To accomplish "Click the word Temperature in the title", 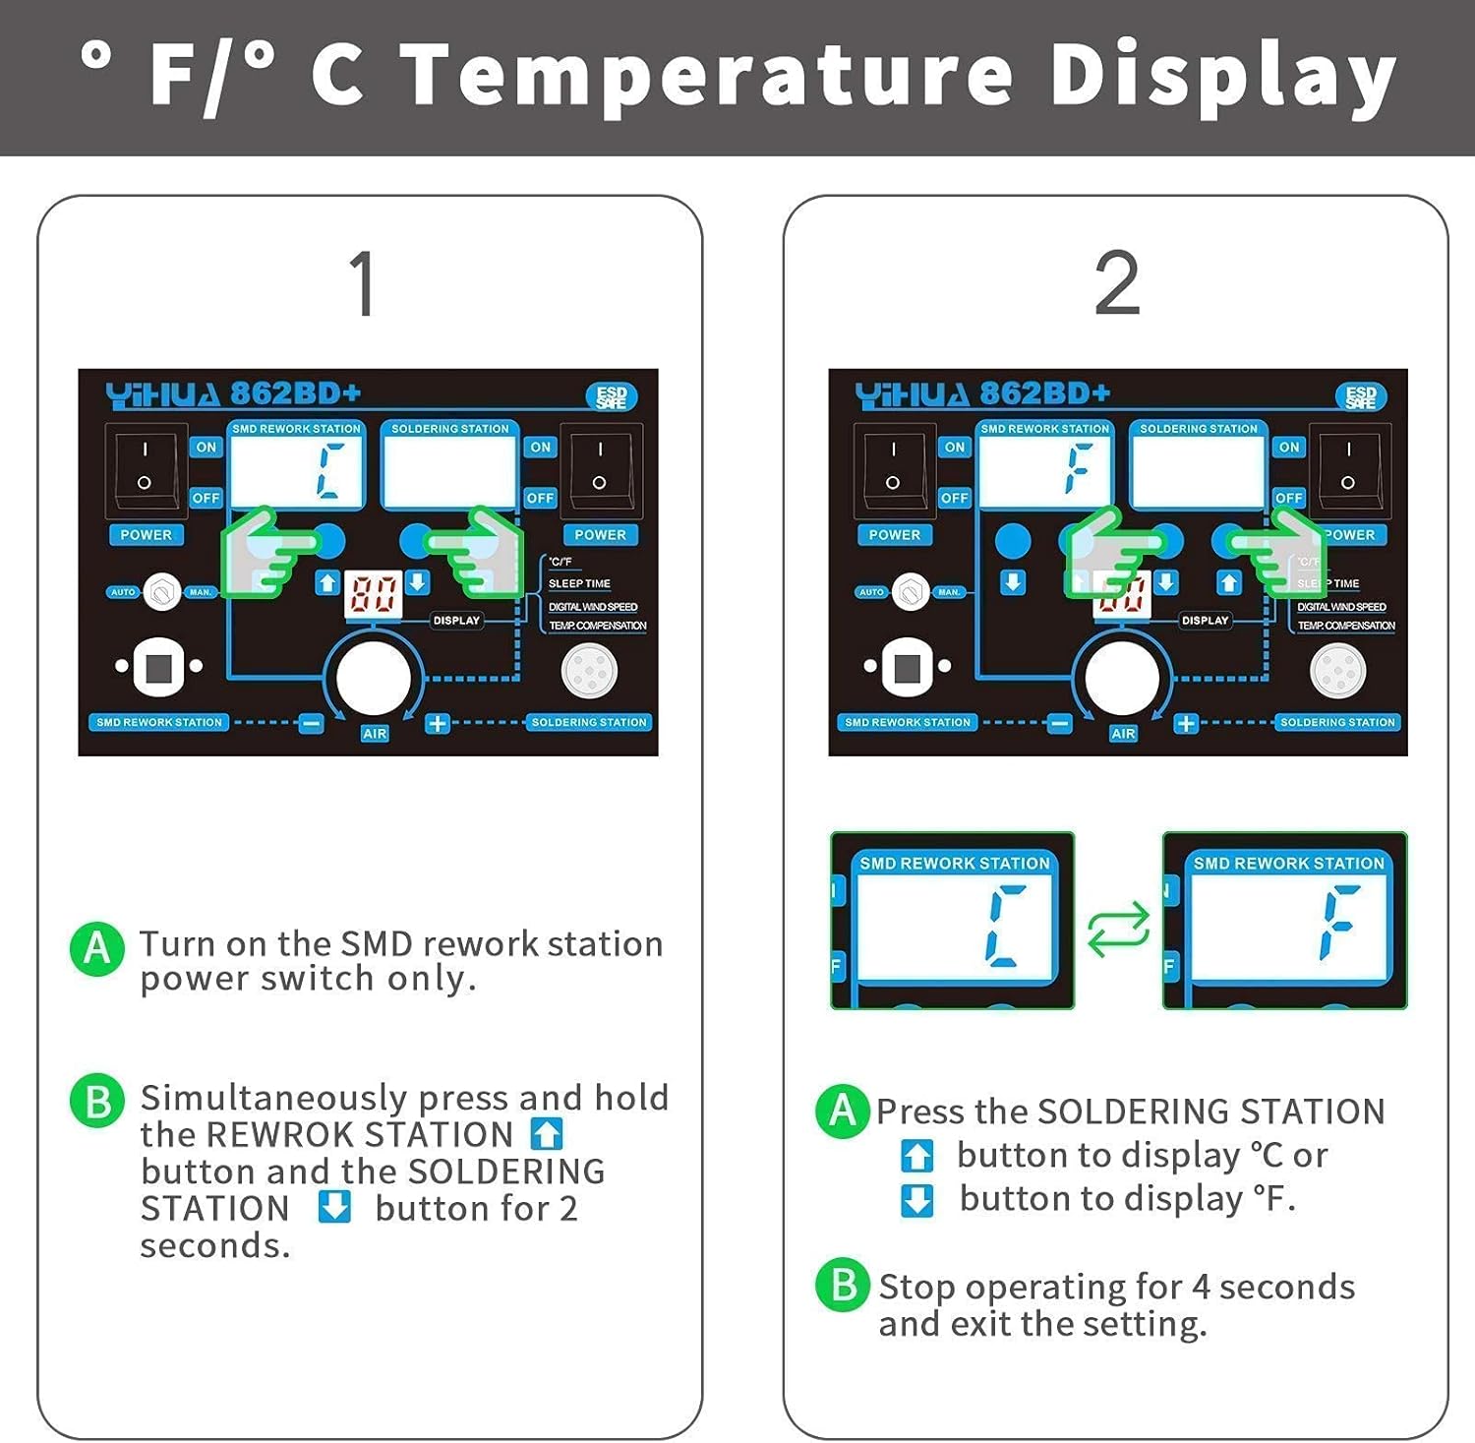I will (708, 77).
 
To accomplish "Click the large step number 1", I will (364, 283).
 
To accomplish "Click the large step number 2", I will (1116, 283).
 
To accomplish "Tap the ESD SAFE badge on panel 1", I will (611, 396).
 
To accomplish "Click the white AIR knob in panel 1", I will (373, 679).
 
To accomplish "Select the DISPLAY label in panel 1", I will (456, 621).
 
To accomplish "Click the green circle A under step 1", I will (96, 948).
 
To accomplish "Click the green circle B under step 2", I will (843, 1285).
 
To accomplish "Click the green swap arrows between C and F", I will (1118, 929).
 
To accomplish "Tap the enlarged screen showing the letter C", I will (953, 922).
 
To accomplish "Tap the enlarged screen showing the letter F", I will (1285, 922).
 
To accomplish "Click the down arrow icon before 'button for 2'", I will (334, 1207).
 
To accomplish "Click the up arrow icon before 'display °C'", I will (916, 1156).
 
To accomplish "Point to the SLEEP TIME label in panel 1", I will (579, 583).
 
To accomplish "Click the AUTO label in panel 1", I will (123, 592).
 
